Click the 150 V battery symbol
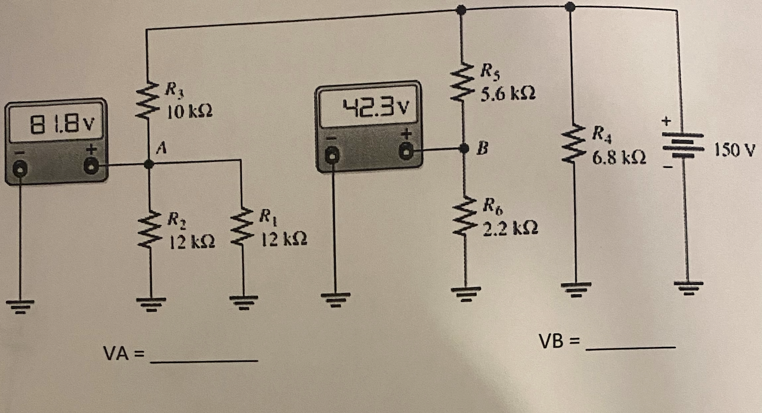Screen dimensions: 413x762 683,145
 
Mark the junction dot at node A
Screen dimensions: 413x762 149,164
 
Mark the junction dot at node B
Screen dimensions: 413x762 464,148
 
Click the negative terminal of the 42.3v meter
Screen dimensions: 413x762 332,155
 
